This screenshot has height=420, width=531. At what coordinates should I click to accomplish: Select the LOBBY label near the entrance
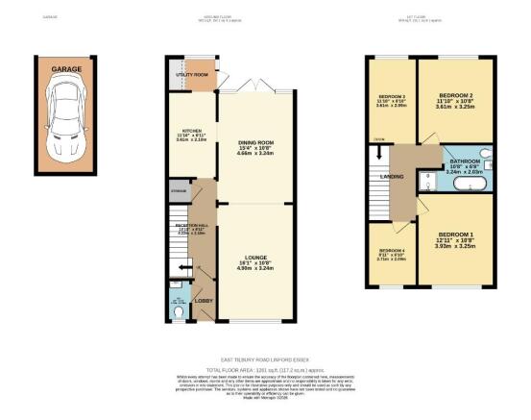pyautogui.click(x=203, y=302)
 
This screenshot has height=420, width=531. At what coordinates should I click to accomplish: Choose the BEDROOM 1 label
pyautogui.click(x=455, y=234)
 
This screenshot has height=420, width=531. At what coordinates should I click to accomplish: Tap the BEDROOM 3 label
pyautogui.click(x=391, y=98)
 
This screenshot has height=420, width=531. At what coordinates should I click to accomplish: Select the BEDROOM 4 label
pyautogui.click(x=391, y=252)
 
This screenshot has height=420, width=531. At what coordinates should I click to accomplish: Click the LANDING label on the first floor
pyautogui.click(x=392, y=177)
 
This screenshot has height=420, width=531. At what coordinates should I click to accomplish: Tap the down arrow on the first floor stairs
pyautogui.click(x=379, y=152)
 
